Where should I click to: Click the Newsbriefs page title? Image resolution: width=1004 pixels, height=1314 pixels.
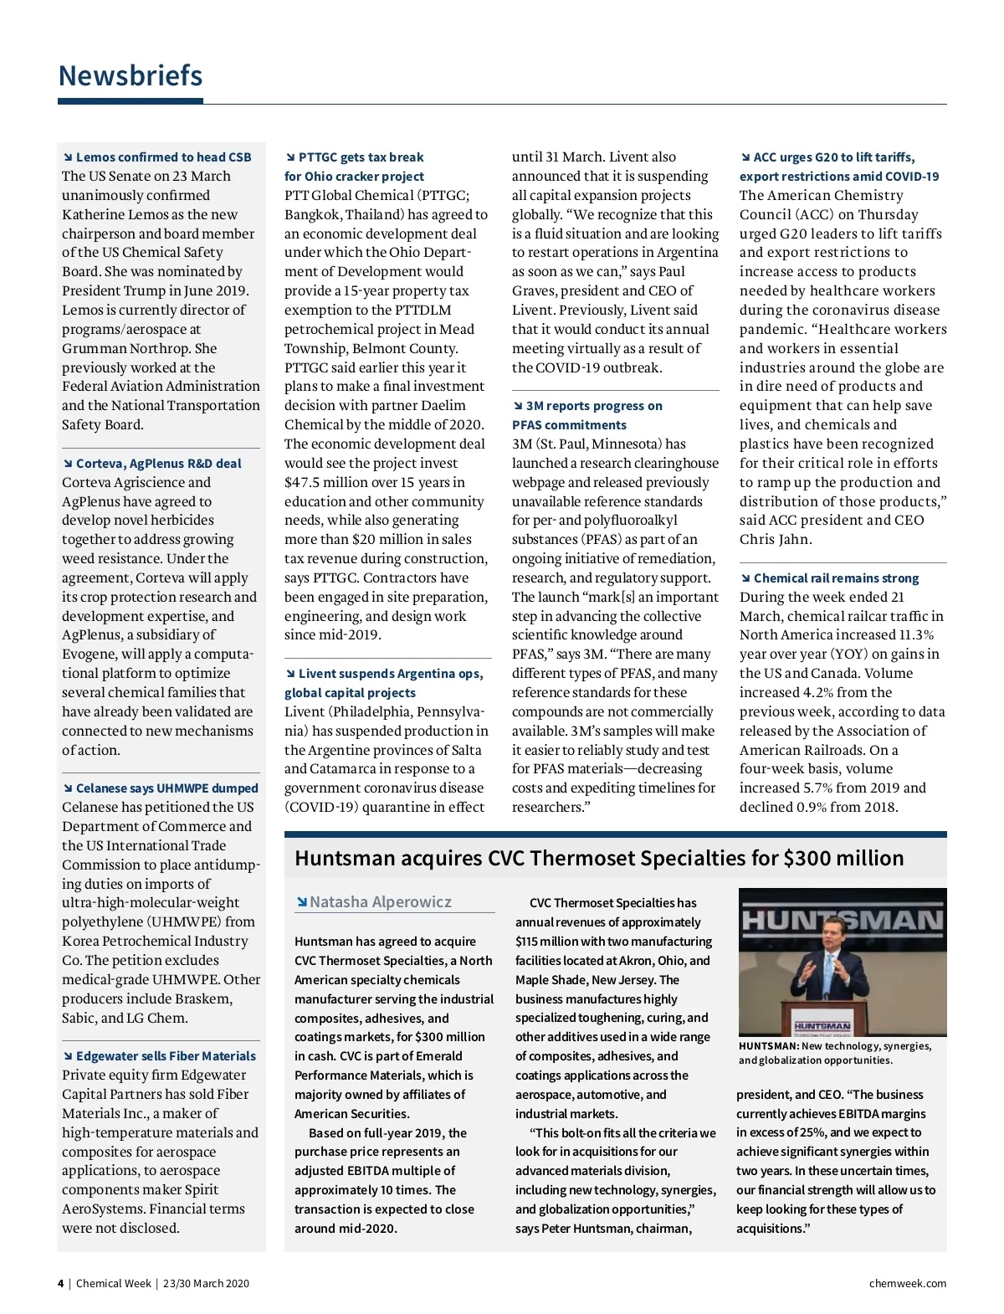click(131, 76)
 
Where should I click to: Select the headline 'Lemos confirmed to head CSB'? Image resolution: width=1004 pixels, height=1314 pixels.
click(163, 157)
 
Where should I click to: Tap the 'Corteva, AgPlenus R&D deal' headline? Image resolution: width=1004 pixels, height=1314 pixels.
click(158, 464)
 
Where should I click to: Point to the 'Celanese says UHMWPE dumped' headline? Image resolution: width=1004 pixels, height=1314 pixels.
click(166, 788)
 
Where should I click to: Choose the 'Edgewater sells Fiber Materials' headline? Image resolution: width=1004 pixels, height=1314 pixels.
click(166, 1056)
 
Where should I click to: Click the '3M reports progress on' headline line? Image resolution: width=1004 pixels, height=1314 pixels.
click(593, 406)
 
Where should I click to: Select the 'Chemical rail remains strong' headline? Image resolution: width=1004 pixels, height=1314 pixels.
click(836, 578)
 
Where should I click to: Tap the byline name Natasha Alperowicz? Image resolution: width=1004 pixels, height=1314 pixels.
click(380, 902)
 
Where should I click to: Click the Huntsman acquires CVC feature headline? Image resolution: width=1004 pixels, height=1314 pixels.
click(599, 859)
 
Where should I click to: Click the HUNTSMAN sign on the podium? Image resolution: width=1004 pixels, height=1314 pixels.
click(822, 1026)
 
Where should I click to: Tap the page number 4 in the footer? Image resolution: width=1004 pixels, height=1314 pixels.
click(60, 1284)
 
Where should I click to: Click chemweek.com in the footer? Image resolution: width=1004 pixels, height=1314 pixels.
click(908, 1284)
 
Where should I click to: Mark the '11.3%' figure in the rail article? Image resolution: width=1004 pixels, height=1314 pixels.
click(916, 635)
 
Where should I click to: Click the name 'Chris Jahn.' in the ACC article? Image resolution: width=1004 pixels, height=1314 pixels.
click(776, 540)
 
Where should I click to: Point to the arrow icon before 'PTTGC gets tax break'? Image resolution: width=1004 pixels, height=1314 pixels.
click(290, 157)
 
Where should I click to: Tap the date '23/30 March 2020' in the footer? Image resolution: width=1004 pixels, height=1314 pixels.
click(206, 1284)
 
